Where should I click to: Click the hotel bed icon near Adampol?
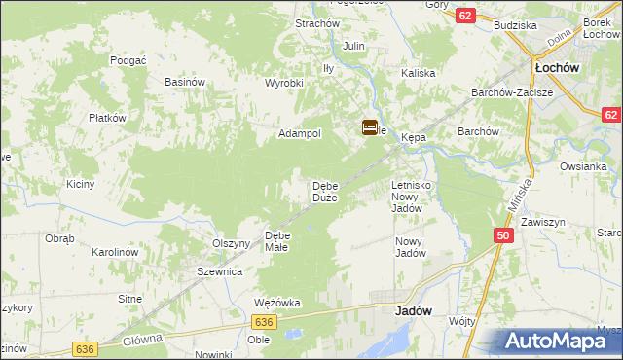(x=370, y=127)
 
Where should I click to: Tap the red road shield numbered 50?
(x=502, y=235)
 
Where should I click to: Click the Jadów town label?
(x=414, y=312)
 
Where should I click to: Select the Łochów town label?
(x=558, y=68)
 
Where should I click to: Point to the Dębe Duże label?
(x=324, y=192)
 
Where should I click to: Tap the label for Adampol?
(x=300, y=133)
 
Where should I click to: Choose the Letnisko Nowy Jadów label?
(x=412, y=196)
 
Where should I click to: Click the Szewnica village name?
(x=219, y=272)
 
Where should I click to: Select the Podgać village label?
(x=128, y=59)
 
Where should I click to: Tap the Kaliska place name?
(x=417, y=73)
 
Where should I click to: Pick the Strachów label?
(x=316, y=23)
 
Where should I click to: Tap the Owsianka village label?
(x=583, y=165)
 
